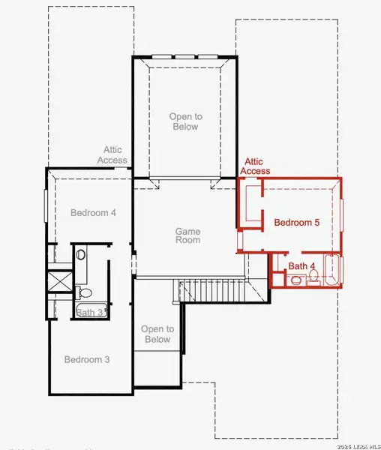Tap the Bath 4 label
click(x=302, y=266)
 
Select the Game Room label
click(x=187, y=236)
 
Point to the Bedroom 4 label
click(x=93, y=212)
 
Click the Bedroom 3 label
click(x=86, y=359)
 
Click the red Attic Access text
click(x=255, y=166)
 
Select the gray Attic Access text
click(x=111, y=154)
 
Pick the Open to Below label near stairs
click(x=157, y=334)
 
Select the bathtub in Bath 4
click(x=332, y=271)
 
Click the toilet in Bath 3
click(x=84, y=293)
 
